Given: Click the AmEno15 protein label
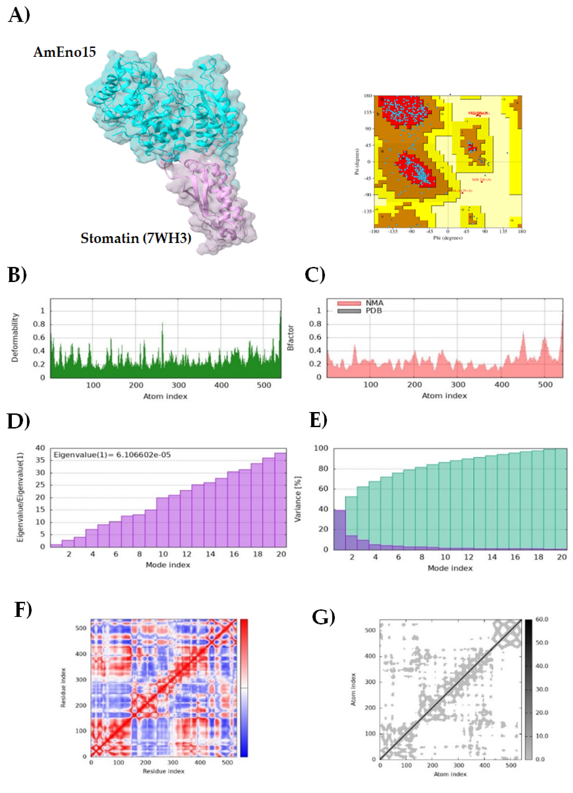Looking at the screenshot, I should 65,52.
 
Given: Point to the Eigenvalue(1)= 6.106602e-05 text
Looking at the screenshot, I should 112,455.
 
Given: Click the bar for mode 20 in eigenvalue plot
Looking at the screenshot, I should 280,500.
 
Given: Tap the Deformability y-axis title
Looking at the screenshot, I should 15,338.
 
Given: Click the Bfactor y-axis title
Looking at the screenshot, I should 290,338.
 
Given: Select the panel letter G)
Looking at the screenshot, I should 323,617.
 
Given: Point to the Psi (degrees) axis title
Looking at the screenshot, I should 357,162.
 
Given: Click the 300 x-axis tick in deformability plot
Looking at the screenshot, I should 178,385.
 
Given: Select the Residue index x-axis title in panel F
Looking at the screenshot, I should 163,771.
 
